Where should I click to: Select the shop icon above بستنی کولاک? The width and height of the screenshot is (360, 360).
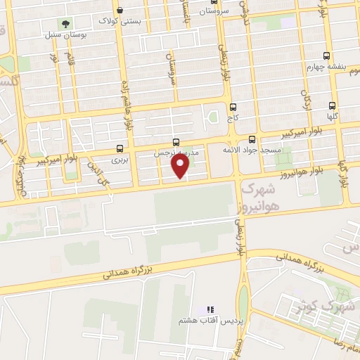(121, 11)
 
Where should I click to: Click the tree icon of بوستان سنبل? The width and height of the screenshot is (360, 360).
(66, 22)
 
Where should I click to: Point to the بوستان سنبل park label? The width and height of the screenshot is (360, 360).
(66, 34)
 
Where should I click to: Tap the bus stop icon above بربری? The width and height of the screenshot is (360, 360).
(120, 148)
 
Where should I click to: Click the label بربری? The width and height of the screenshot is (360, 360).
(120, 160)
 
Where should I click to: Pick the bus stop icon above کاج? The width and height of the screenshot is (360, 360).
(232, 107)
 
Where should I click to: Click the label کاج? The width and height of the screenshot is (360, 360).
(232, 118)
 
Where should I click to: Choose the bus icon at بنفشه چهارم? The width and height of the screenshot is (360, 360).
(326, 56)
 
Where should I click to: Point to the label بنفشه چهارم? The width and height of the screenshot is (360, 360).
(323, 67)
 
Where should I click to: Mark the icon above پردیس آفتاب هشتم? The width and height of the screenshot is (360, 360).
(209, 309)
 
